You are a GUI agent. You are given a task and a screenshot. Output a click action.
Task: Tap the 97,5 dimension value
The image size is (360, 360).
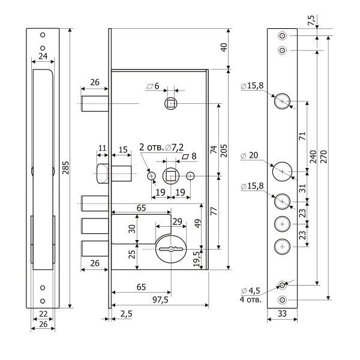159,299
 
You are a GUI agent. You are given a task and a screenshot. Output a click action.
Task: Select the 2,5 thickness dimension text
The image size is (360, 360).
127,314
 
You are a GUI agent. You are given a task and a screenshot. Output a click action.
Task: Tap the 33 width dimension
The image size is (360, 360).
282,314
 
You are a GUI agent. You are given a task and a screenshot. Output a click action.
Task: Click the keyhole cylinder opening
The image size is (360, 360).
170,248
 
